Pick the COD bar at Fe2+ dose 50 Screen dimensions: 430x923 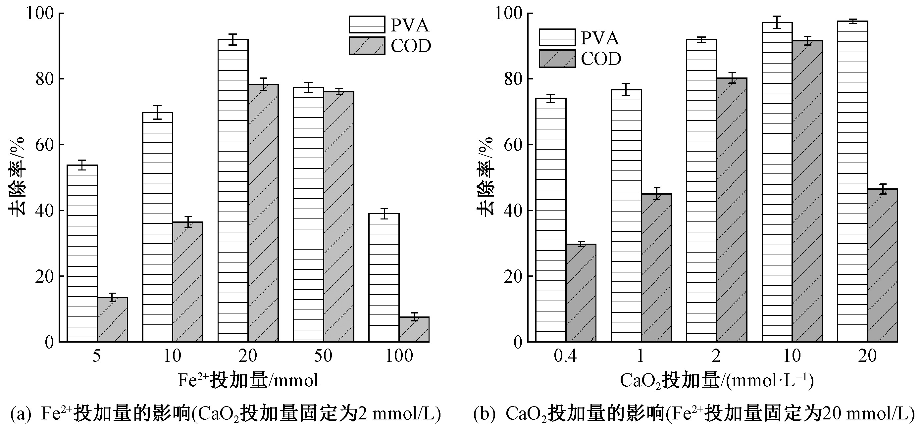(x=338, y=216)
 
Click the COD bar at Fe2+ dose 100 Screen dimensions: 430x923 (x=414, y=329)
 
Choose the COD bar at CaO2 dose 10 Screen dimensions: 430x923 (x=807, y=191)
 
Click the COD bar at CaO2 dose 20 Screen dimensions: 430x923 (x=883, y=265)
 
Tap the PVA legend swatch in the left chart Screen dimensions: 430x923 (x=367, y=25)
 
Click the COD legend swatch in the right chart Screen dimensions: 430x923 (x=557, y=59)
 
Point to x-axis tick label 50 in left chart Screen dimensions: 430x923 (x=323, y=356)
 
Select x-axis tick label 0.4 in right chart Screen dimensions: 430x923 (x=565, y=356)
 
